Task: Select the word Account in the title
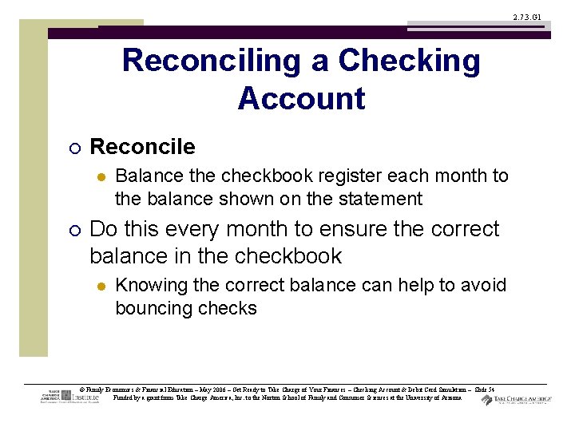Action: tap(301, 99)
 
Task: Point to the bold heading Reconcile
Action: tap(142, 147)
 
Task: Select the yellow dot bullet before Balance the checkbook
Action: tap(101, 176)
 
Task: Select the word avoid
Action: tap(485, 286)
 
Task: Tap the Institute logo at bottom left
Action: tap(69, 396)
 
